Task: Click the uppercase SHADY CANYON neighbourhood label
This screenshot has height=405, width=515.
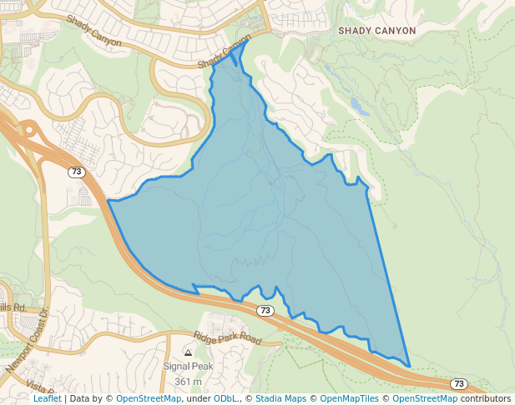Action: coord(376,30)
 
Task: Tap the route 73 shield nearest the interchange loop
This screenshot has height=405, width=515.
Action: coord(77,172)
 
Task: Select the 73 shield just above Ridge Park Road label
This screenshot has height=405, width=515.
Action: coord(265,310)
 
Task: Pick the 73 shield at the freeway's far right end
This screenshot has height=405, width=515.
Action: coord(458,383)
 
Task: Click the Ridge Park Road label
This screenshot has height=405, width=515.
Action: coord(227,337)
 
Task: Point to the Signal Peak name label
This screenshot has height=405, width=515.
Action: coord(189,367)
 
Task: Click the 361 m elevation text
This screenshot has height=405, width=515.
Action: coord(189,382)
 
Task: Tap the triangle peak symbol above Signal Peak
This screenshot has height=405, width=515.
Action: coord(188,353)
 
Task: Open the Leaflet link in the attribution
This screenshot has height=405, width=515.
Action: coord(47,398)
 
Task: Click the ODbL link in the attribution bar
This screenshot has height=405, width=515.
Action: coord(226,398)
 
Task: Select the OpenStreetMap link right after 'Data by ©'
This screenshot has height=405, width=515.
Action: coord(149,398)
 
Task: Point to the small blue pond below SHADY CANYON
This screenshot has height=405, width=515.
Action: coord(359,106)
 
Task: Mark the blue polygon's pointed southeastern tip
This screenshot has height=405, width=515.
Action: coord(409,365)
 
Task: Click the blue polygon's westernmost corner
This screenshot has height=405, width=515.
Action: coord(109,201)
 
